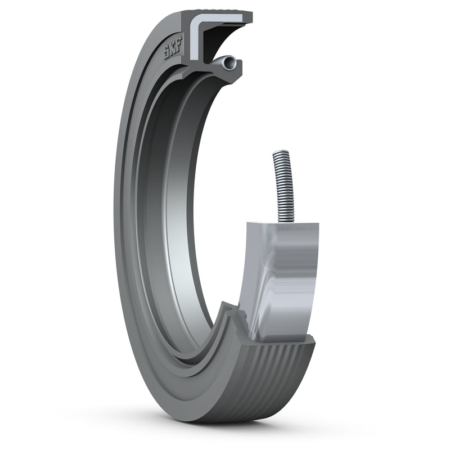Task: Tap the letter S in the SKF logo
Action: [167, 55]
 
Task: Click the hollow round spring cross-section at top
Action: [227, 64]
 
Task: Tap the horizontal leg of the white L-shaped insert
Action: [222, 22]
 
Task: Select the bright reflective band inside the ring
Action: [169, 225]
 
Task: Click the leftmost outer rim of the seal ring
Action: [116, 225]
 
